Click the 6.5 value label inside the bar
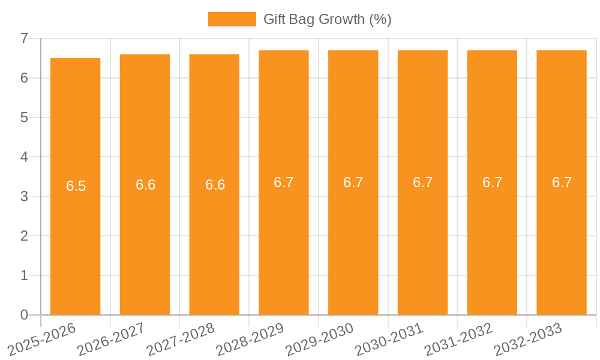tap(76, 186)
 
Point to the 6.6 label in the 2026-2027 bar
tap(145, 185)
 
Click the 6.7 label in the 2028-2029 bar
tap(284, 182)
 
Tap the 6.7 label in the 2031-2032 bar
tap(492, 182)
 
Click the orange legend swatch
tap(232, 19)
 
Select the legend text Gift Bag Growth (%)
tap(328, 19)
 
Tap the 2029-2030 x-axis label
tap(320, 338)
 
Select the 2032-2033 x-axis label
tap(529, 338)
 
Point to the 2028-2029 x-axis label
tap(251, 338)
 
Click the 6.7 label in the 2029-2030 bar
tap(353, 182)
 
